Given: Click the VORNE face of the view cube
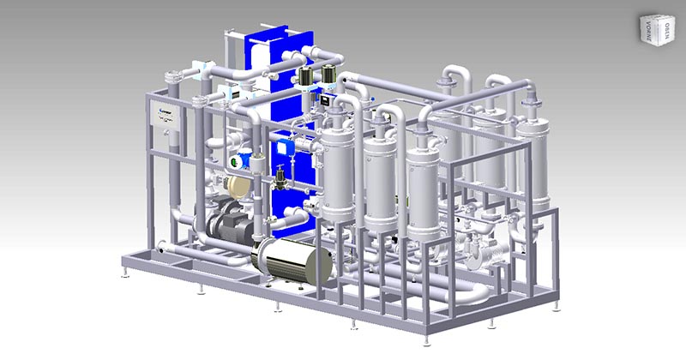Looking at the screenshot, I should click(x=645, y=32).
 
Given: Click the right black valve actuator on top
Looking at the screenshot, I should click(x=327, y=77).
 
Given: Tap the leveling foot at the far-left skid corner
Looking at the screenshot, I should click(x=127, y=276).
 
